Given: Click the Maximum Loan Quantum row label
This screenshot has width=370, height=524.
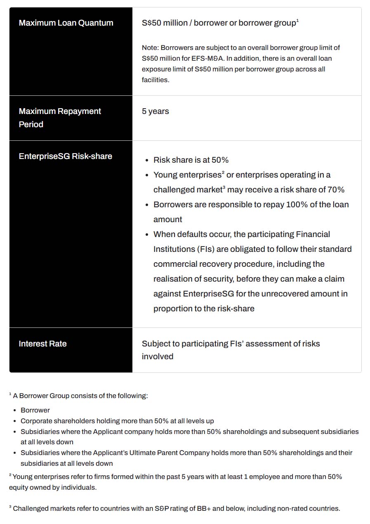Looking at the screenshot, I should (66, 23).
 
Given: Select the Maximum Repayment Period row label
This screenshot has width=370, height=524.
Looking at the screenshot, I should (60, 118).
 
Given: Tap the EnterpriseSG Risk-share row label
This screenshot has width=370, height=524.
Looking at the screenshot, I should (66, 156).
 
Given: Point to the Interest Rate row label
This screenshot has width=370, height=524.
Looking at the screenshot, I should (42, 344).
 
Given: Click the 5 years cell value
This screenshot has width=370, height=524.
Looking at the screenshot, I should (156, 111).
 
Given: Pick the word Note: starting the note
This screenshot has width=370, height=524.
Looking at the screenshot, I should (150, 48).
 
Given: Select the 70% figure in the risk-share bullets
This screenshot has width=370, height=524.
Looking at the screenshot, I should (335, 190).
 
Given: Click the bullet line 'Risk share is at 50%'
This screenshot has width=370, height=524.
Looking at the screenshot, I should (191, 160).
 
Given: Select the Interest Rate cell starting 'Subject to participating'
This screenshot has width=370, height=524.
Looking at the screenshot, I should (231, 344).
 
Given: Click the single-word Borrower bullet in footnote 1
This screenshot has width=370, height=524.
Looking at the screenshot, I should (35, 410).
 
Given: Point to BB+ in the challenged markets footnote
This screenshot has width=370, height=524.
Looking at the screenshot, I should (203, 509).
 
